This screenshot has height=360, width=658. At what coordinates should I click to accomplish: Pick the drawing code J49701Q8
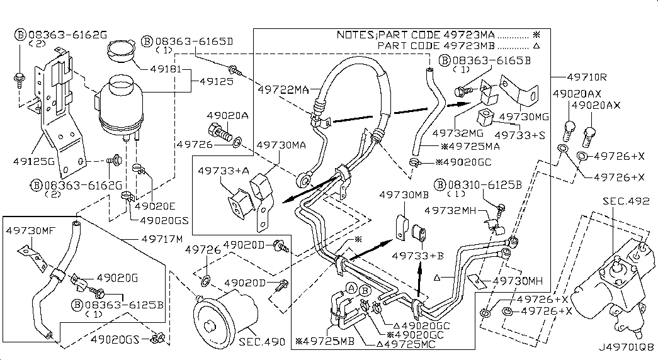tap(626, 346)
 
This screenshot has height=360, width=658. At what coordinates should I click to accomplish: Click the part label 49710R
tap(586, 77)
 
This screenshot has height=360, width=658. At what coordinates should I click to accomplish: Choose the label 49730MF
tap(29, 231)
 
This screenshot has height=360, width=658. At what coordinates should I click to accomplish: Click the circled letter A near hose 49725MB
tap(349, 288)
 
